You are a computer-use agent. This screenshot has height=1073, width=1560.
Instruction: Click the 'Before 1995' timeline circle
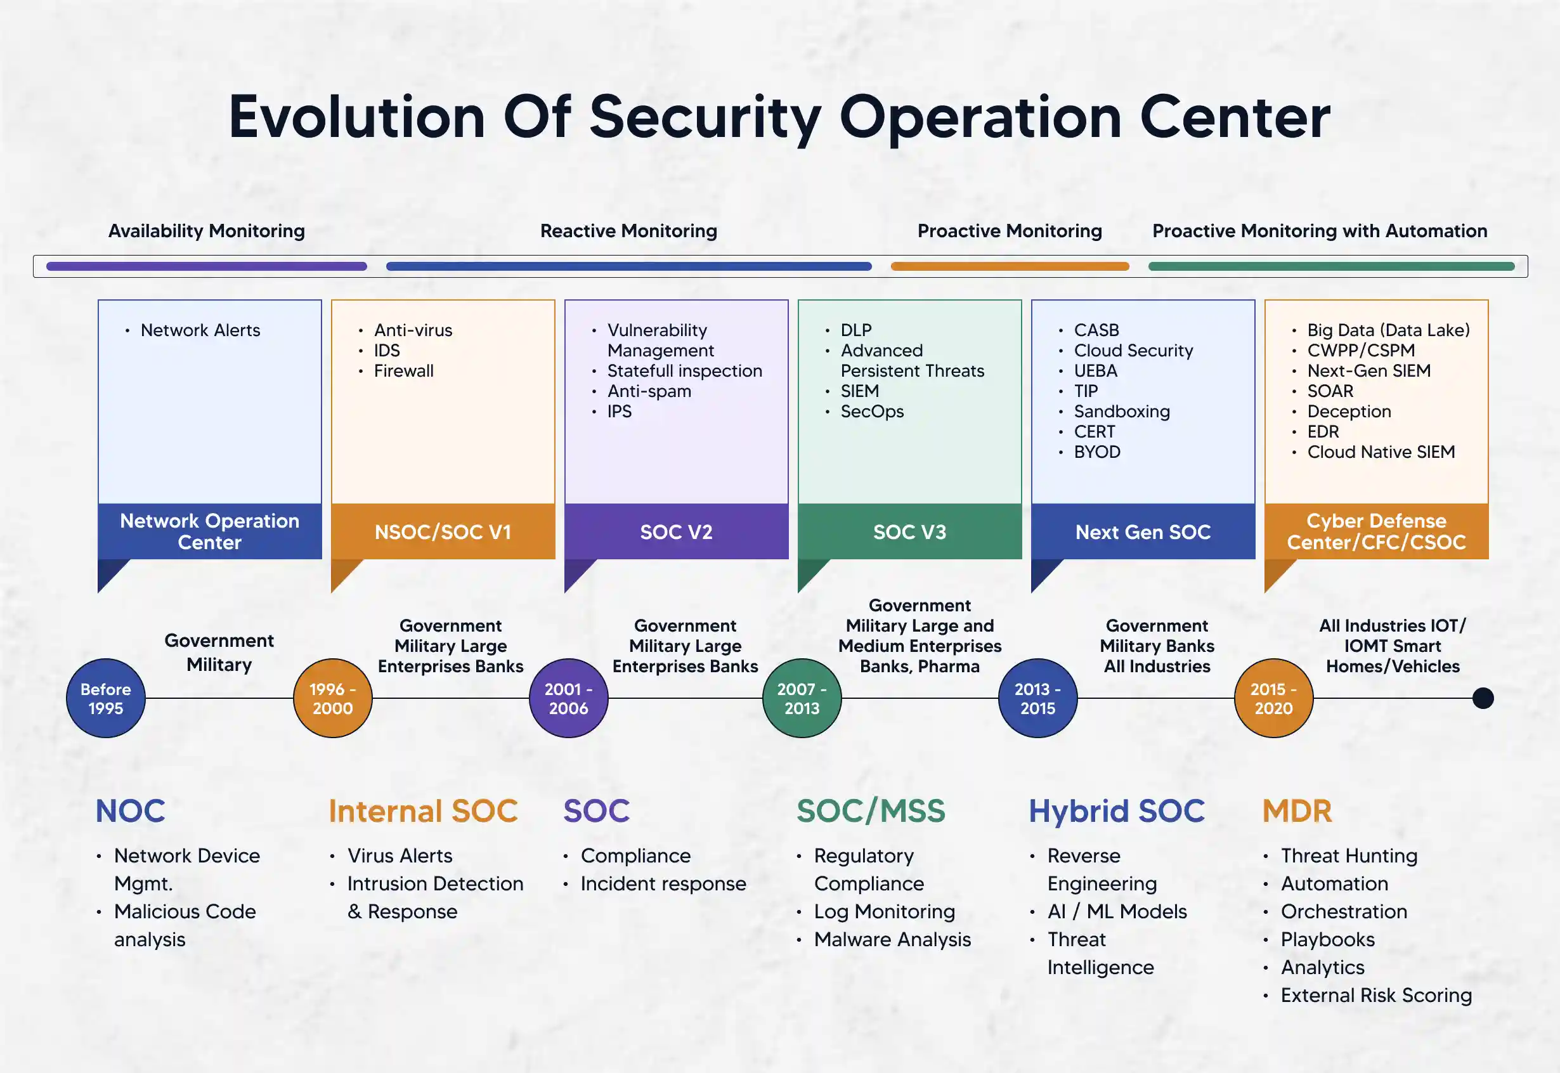tap(105, 698)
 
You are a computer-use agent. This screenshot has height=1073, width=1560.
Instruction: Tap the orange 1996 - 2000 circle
tap(333, 698)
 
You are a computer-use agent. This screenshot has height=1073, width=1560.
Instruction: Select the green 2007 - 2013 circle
tap(802, 698)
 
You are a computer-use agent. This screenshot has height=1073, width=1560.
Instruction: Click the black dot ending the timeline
tap(1483, 698)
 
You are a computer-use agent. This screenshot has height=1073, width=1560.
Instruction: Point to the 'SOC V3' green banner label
tap(909, 532)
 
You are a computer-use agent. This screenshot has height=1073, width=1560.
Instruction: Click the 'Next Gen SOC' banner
tap(1143, 532)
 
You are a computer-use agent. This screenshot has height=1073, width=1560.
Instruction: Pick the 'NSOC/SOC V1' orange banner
tap(443, 532)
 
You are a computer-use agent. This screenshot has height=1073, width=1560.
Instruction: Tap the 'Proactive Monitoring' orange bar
tap(1010, 266)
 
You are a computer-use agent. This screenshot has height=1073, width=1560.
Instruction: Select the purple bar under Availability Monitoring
tap(206, 266)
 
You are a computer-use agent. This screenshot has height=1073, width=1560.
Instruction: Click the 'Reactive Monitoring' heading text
tap(628, 231)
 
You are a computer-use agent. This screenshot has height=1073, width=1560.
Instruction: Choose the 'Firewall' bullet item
tap(403, 370)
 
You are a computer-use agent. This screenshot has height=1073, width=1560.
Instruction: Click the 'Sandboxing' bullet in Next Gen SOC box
tap(1121, 411)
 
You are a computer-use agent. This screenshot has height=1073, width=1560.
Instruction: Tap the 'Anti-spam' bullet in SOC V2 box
tap(649, 391)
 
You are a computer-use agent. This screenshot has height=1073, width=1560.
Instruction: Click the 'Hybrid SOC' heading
tap(1116, 811)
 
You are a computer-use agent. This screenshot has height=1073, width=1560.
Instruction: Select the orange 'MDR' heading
tap(1297, 811)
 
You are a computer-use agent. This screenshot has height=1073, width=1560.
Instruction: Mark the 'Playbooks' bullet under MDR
tap(1327, 939)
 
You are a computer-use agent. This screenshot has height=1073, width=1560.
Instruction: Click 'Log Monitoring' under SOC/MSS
tap(884, 911)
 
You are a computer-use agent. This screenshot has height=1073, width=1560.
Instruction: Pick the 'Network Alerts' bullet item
tap(200, 330)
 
